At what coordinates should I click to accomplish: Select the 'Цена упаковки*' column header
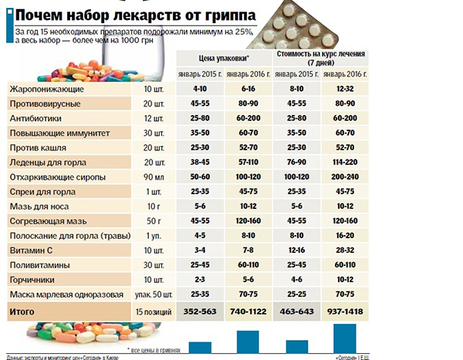tap(223, 58)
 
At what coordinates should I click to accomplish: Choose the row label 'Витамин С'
tap(32, 251)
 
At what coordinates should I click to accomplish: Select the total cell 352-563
tap(199, 311)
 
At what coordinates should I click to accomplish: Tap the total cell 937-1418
tap(345, 311)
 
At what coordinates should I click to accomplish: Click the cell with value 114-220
tap(345, 163)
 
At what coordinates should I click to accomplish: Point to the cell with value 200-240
tap(345, 177)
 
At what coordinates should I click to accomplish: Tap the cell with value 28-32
tap(345, 251)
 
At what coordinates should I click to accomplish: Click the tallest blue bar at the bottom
tap(344, 337)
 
